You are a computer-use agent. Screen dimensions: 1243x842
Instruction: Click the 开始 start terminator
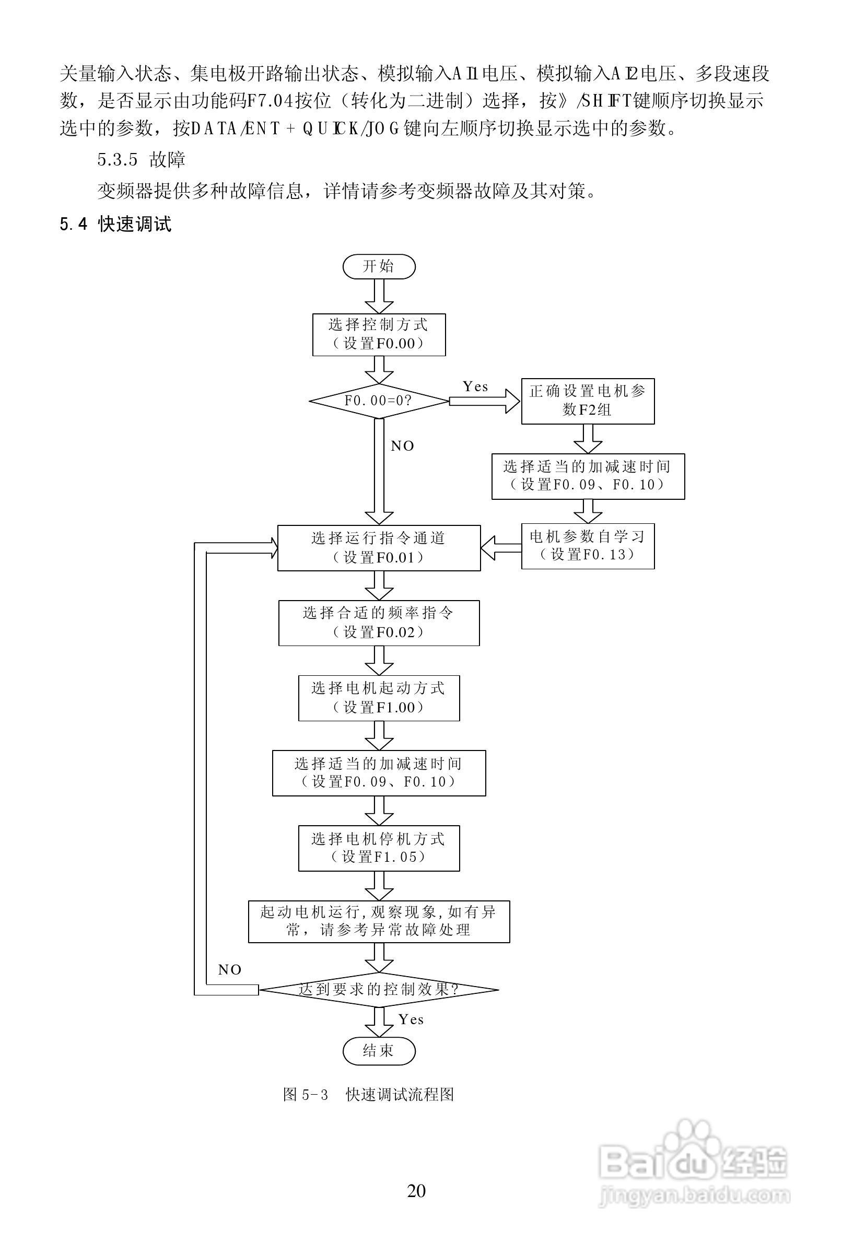[379, 266]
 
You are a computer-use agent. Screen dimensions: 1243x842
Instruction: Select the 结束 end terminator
[379, 1050]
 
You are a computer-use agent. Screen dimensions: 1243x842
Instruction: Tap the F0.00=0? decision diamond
[379, 401]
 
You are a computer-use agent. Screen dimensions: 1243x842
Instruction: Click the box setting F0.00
[379, 334]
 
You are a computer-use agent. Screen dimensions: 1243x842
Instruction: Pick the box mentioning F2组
[588, 401]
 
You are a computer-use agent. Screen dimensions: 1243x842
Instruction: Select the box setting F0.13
[588, 546]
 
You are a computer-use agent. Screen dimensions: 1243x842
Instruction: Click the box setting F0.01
[379, 548]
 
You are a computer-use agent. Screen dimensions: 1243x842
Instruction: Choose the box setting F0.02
[379, 623]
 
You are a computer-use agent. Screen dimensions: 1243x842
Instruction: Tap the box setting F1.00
[379, 698]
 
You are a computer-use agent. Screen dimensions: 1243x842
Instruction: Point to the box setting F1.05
[379, 848]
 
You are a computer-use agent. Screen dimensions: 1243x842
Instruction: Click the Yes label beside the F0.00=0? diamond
[475, 386]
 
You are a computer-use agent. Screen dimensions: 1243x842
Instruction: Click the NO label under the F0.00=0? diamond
[402, 446]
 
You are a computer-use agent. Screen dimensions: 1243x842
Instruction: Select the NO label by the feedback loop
[229, 970]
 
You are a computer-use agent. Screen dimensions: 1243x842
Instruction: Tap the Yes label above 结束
[411, 1020]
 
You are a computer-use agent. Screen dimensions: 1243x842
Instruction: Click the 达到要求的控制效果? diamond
[379, 990]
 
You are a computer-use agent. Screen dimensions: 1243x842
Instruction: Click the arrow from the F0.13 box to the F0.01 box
[501, 548]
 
